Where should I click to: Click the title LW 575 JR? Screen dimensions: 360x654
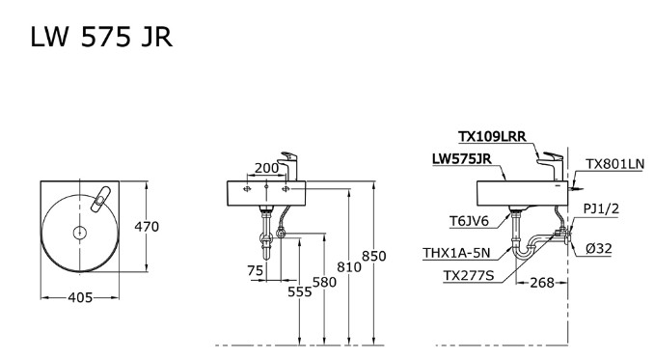click(x=102, y=37)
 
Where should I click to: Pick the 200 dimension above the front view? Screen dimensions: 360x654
click(x=266, y=168)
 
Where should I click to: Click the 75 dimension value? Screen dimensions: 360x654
click(x=255, y=271)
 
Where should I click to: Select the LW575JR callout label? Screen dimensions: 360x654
click(x=461, y=159)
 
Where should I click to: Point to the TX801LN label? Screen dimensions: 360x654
click(x=615, y=164)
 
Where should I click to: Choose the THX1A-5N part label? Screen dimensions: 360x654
click(x=456, y=253)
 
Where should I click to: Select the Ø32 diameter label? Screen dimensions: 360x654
click(x=601, y=248)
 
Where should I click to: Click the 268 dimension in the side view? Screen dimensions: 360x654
click(x=543, y=282)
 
